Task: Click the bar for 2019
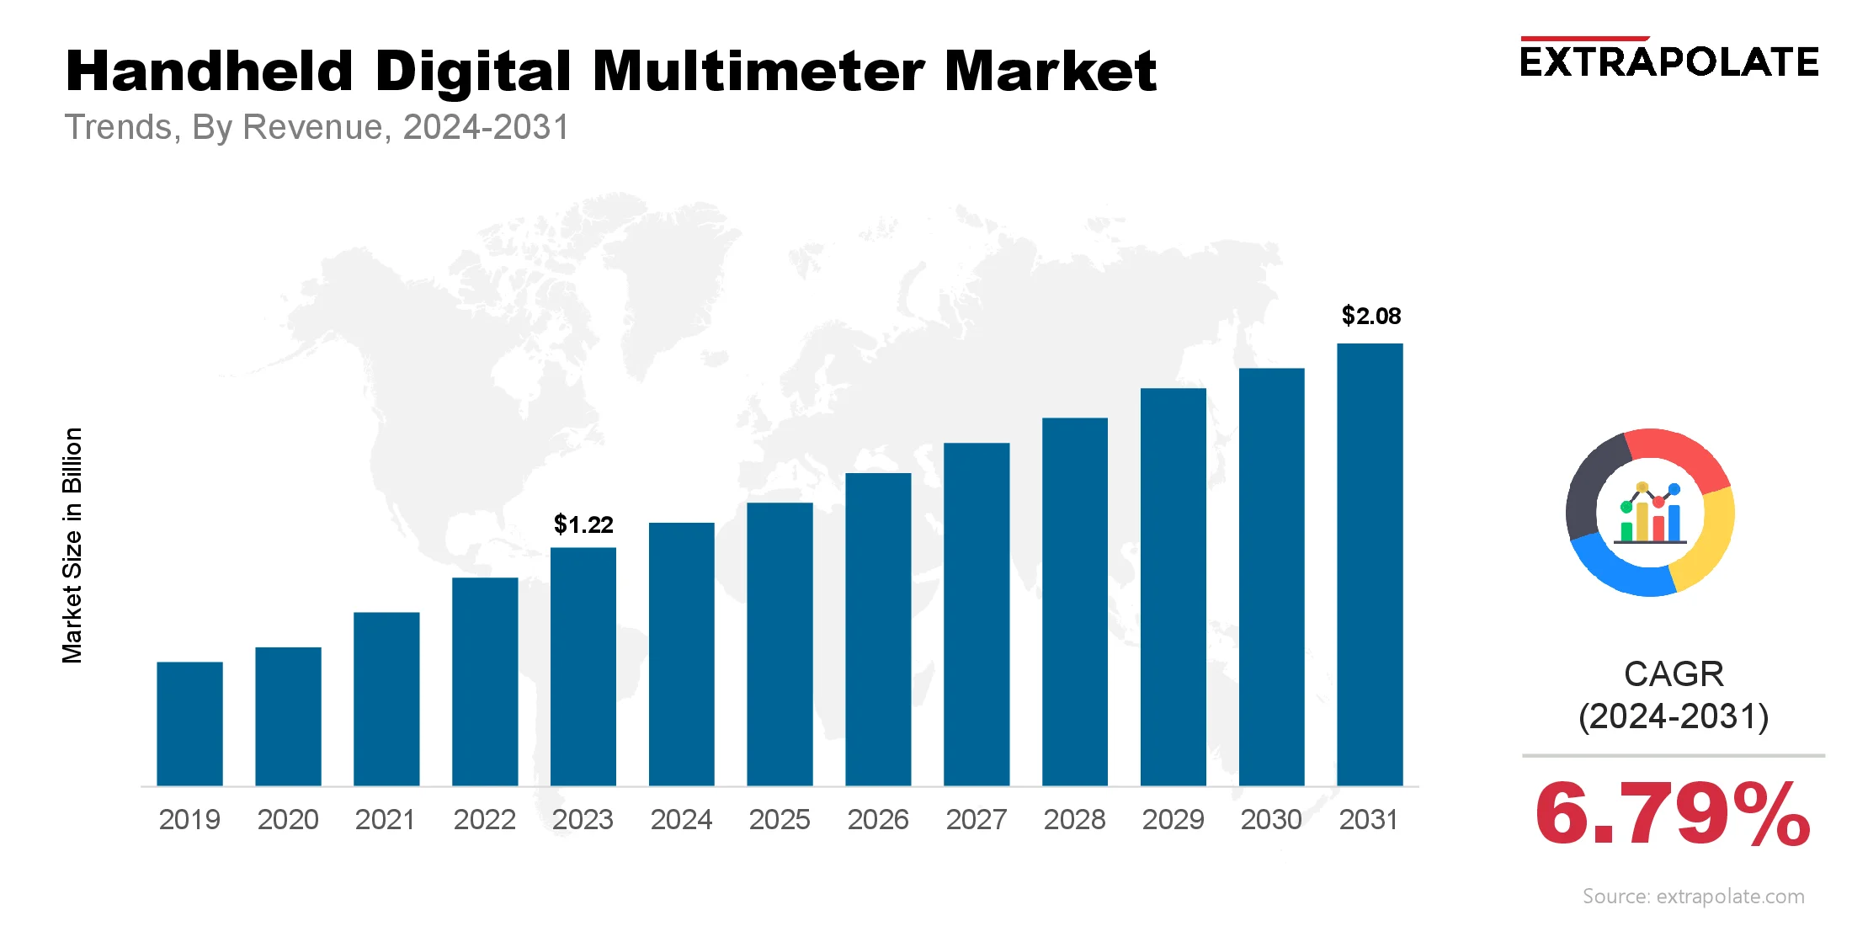[189, 724]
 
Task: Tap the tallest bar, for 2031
[1370, 564]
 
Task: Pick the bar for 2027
[977, 615]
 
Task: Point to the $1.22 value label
[583, 524]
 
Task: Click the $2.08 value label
[1370, 316]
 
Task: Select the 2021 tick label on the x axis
[386, 819]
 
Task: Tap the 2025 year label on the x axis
[780, 819]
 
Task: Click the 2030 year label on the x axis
[1271, 819]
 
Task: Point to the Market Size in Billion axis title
[72, 545]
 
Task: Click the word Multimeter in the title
[758, 71]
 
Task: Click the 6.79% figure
[1673, 814]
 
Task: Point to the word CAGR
[1674, 674]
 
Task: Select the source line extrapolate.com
[1693, 897]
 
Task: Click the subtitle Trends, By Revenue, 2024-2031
[317, 127]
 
